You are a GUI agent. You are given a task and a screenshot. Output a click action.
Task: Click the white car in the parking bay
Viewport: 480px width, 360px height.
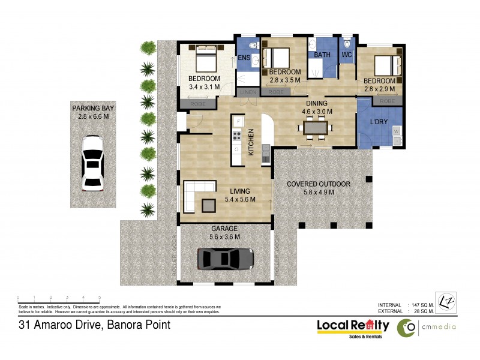(92, 163)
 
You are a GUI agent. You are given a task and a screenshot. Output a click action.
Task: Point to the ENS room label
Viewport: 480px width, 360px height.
(244, 58)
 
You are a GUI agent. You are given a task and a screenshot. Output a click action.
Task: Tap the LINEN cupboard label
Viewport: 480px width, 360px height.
(248, 92)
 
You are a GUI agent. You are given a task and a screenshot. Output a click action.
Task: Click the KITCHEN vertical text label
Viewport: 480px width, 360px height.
(251, 143)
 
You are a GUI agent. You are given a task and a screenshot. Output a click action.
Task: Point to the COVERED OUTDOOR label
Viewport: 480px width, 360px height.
(318, 184)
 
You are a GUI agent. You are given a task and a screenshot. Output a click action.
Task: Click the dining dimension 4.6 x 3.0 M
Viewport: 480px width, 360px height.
(316, 111)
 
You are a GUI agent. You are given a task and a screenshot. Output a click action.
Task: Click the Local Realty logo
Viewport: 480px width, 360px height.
(353, 327)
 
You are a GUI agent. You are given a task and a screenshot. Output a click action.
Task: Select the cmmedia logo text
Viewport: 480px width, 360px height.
(439, 327)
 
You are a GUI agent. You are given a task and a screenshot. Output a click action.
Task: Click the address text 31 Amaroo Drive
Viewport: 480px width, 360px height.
(93, 325)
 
